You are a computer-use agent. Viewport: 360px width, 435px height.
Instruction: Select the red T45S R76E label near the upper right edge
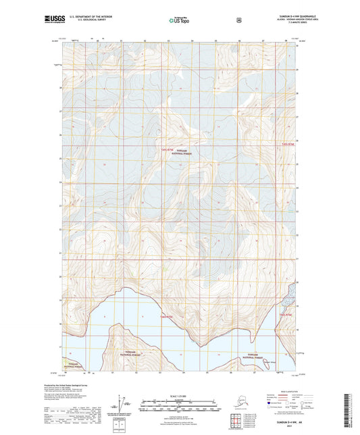point(288,144)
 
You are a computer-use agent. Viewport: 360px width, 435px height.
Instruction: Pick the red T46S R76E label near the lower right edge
point(286,314)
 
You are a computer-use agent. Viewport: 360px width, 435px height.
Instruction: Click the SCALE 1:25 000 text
point(179,396)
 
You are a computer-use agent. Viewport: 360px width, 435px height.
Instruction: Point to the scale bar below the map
point(179,407)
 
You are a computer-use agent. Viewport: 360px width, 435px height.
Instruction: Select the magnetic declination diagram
point(122,407)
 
